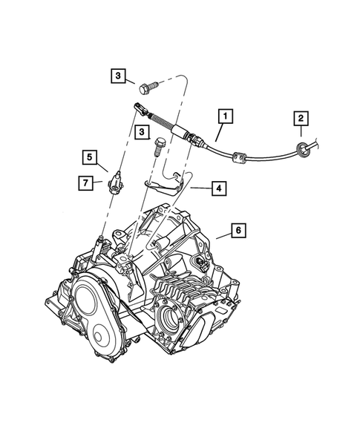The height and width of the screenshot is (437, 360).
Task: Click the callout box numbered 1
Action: (224, 116)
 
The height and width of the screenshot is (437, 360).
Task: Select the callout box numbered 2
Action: (301, 118)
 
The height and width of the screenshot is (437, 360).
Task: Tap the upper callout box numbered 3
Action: (119, 75)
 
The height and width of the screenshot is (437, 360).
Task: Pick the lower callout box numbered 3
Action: (140, 131)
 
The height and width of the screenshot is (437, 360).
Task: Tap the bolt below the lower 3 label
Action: (159, 145)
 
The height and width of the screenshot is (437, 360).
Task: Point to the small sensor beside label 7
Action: (117, 183)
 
